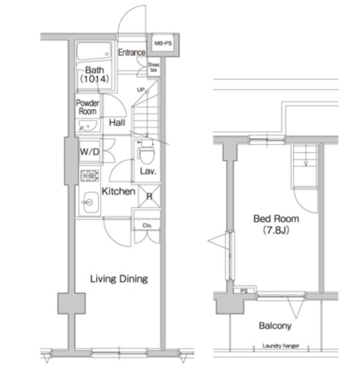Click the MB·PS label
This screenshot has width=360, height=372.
pos(163,43)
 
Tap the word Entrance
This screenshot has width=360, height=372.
pos(132,53)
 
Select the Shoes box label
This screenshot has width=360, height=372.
pos(153,67)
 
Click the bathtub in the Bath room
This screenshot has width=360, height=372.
pos(94,51)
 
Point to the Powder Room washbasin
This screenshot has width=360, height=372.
pos(87,126)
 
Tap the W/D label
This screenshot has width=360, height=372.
pos(89,152)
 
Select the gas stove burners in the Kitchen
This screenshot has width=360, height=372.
pos(89,176)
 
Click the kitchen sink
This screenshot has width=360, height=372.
pos(90,202)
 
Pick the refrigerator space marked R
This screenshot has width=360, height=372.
pos(149,196)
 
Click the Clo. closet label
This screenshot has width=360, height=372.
pos(147,226)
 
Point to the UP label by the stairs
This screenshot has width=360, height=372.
pos(141,90)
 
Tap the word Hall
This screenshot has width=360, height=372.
pos(117,123)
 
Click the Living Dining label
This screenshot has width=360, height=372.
pos(119,279)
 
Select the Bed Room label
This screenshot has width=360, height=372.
pos(276,219)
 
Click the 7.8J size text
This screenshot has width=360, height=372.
pos(276,230)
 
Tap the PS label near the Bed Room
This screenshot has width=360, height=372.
pos(244,291)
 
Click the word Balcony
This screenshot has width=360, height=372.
pos(275,326)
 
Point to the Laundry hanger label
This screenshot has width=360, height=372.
pos(281,346)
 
